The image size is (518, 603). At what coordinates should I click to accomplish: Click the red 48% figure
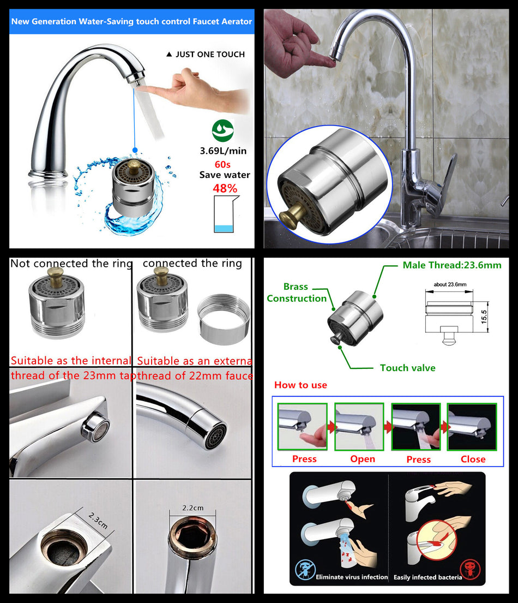(225, 189)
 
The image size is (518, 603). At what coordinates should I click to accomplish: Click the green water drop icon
(222, 130)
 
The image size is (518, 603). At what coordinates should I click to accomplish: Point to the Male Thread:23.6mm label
(451, 265)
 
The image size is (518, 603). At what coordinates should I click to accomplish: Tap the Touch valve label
(407, 368)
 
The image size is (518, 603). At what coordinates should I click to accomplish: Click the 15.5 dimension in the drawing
(484, 316)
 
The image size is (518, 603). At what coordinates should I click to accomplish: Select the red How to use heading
(300, 385)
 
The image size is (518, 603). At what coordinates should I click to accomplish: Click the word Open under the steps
(362, 459)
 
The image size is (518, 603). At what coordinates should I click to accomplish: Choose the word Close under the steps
(472, 459)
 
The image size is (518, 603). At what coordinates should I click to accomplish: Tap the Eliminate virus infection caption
(352, 577)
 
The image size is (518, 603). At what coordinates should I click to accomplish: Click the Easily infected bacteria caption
(427, 577)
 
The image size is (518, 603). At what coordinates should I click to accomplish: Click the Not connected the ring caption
(71, 264)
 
